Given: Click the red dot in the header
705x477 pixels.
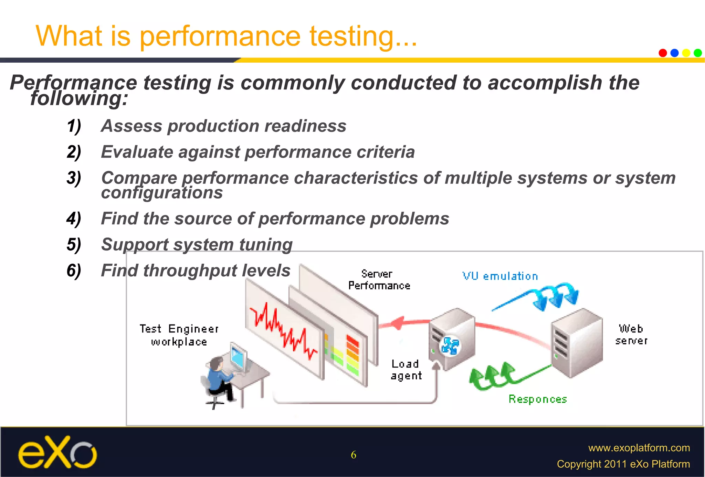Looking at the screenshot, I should (x=663, y=53).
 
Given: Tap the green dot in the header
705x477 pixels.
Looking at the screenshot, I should (x=698, y=53).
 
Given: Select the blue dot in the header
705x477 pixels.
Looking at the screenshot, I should (x=674, y=53).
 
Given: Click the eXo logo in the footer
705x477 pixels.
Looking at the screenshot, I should (x=57, y=452).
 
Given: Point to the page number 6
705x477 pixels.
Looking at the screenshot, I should (x=354, y=455).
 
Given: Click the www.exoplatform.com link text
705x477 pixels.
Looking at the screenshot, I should (x=639, y=448).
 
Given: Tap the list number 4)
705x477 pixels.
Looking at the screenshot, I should (x=74, y=219).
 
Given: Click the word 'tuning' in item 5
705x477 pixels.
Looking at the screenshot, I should (x=266, y=245).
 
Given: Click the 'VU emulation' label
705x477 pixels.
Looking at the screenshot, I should (x=500, y=276).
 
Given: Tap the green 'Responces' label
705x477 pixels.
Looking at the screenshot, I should (x=538, y=399).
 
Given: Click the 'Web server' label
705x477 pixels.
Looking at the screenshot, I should (x=631, y=334).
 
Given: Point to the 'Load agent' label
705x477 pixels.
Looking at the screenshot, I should (x=406, y=370).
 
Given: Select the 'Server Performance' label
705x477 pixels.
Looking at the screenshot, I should (x=379, y=280).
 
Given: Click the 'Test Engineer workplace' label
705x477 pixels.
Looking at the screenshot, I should (x=179, y=335).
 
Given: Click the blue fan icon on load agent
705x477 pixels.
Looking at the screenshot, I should (x=450, y=346).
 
